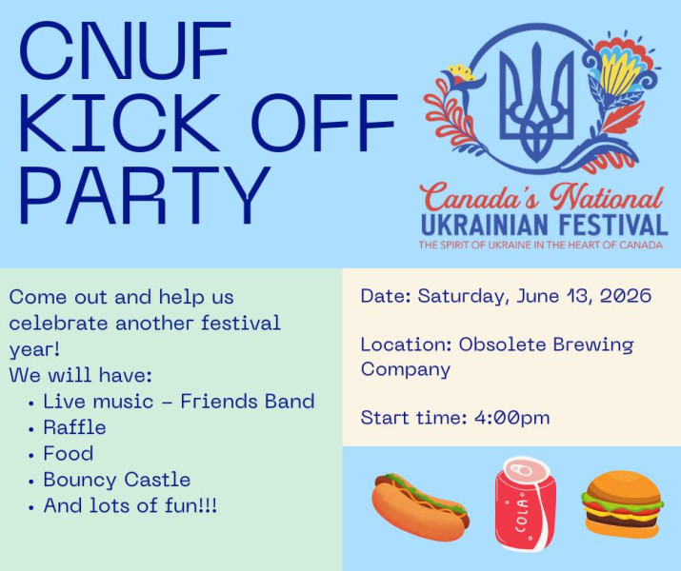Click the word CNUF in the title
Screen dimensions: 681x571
(x=125, y=50)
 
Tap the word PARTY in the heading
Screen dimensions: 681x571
(x=145, y=195)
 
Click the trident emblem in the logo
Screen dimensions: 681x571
(x=537, y=103)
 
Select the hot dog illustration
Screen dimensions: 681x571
(x=420, y=507)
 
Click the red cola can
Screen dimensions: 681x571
(x=526, y=503)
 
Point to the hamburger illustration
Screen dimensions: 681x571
(x=622, y=504)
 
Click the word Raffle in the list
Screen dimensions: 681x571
(x=74, y=428)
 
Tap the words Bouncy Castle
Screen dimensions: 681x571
(x=117, y=481)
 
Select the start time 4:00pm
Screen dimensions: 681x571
(x=512, y=418)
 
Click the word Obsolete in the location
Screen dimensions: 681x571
(x=503, y=345)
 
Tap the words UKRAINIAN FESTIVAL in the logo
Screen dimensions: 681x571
(x=544, y=225)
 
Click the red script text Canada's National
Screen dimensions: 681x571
(x=541, y=197)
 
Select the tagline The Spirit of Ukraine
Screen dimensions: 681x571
(x=540, y=246)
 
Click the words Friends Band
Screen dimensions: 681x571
(x=248, y=402)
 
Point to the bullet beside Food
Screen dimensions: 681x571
(x=30, y=456)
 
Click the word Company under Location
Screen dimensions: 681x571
(x=405, y=370)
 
